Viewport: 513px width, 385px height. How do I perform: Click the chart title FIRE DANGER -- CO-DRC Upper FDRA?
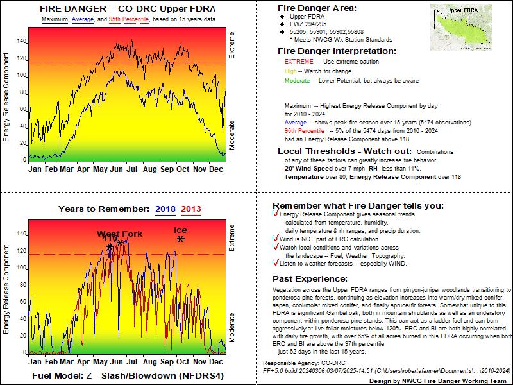(x=128, y=9)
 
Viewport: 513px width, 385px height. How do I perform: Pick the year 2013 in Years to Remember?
(x=191, y=209)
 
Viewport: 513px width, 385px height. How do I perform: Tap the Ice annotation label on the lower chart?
(x=181, y=230)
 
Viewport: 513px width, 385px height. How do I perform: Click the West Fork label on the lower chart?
(x=120, y=234)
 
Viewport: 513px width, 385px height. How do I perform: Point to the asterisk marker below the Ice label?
(x=181, y=239)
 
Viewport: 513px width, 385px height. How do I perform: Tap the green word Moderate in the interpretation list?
(x=298, y=81)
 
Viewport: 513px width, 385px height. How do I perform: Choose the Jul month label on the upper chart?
(x=132, y=169)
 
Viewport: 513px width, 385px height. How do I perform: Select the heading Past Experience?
(x=310, y=279)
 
